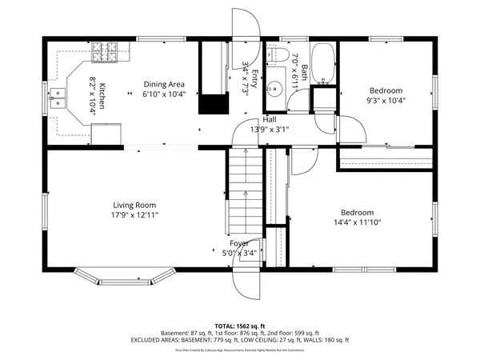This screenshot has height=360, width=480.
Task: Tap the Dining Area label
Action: tap(164, 84)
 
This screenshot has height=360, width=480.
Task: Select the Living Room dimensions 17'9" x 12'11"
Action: tap(134, 215)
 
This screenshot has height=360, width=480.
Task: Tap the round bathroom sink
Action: tap(276, 87)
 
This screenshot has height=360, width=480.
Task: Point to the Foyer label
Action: tap(239, 243)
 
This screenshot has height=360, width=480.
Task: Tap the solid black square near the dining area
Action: tap(212, 104)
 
